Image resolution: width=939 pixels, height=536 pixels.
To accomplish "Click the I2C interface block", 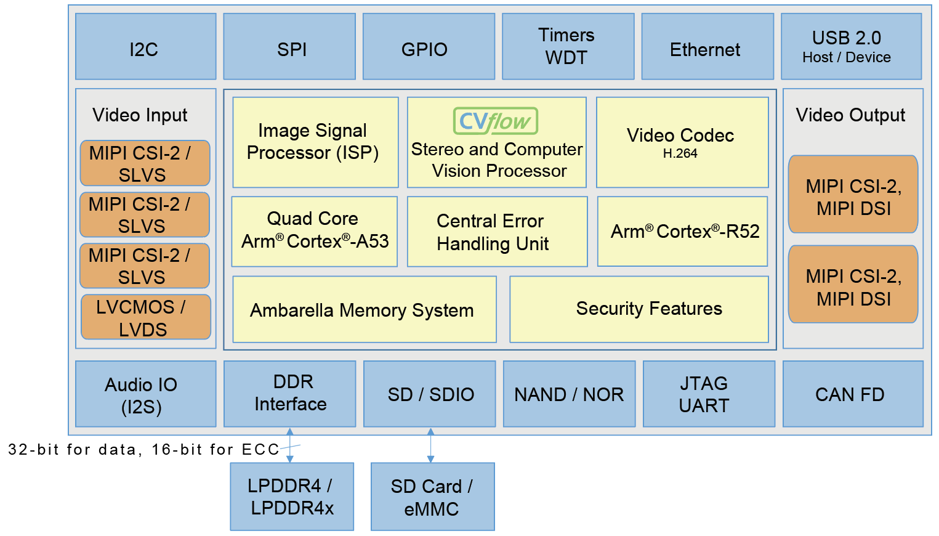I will [145, 47].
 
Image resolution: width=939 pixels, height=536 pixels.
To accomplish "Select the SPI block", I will [289, 47].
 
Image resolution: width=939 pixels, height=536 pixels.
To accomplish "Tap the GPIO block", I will [429, 47].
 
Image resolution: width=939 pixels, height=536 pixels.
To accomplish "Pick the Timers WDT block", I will [568, 47].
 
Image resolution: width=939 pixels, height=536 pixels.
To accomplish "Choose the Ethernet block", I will [707, 47].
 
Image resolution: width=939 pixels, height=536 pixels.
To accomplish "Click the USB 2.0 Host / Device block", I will [851, 47].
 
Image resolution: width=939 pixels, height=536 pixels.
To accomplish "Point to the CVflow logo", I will [496, 121].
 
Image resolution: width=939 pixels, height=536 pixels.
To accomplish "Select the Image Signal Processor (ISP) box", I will [315, 142].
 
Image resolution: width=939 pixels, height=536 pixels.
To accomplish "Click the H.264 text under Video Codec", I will [680, 154].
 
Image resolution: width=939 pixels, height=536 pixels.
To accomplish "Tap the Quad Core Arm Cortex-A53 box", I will [314, 231].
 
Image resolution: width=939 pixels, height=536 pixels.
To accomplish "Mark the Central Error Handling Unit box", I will [497, 232].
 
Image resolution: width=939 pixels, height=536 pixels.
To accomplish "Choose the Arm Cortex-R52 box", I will [682, 231].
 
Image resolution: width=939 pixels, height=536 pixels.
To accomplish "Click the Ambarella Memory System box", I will [365, 309].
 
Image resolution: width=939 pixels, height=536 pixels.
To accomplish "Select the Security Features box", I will [639, 309].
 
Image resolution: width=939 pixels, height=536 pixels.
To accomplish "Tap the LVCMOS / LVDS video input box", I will [146, 317].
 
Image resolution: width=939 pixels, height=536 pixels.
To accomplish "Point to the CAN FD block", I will [853, 394].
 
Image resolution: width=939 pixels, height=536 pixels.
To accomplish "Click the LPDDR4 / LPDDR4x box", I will [292, 497].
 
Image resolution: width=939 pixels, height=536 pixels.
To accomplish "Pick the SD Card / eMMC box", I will [432, 497].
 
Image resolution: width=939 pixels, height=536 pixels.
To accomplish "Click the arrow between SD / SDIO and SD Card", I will [430, 445].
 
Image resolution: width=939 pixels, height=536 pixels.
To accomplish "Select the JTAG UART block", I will [709, 394].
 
